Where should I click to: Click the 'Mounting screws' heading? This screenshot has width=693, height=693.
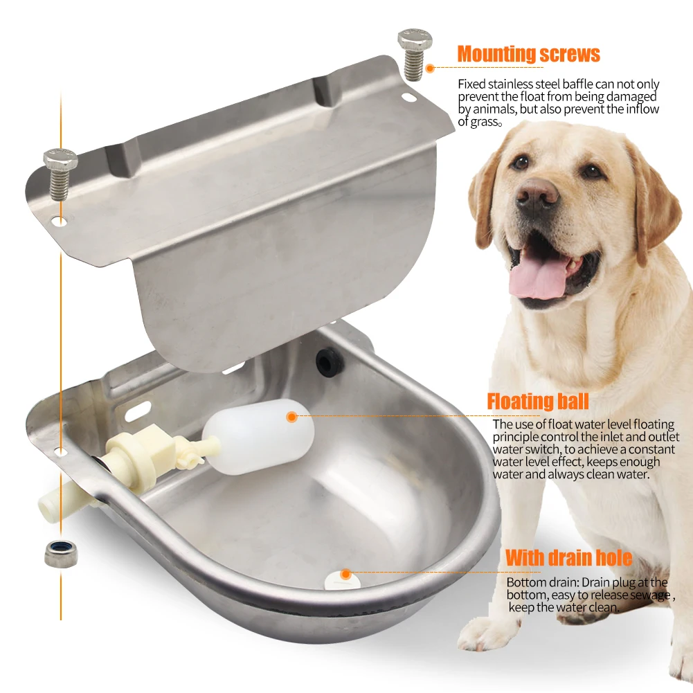pos(528,54)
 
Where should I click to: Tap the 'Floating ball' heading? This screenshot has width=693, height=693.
pos(537,402)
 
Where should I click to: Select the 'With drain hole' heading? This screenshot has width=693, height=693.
pos(568,558)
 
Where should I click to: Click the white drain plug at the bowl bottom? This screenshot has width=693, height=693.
pos(337,578)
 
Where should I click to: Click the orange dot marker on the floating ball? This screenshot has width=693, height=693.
pos(291,417)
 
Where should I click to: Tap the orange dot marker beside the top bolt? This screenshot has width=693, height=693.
pos(430,68)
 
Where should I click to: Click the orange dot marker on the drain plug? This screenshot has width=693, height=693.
pos(344,574)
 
